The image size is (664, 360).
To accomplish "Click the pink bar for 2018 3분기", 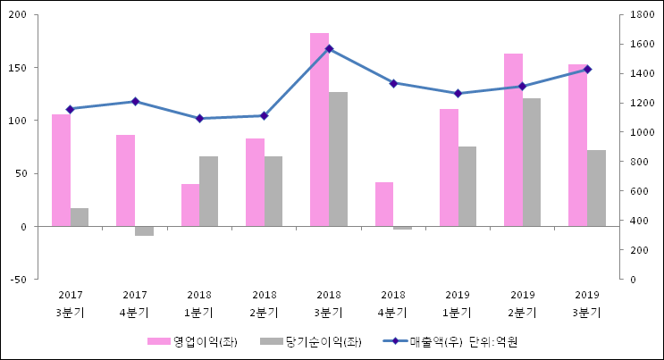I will (319, 130).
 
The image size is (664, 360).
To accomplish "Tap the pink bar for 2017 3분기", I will (61, 170).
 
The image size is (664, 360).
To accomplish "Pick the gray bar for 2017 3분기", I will (80, 217).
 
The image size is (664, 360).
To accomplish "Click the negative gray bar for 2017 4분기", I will (144, 230).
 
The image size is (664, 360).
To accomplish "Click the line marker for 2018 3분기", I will (329, 49).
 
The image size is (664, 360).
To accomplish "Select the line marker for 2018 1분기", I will (199, 118).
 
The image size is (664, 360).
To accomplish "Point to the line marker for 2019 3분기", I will (587, 69).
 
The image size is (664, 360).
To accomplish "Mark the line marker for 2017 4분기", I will (135, 102).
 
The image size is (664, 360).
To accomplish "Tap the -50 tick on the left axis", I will (17, 280).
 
